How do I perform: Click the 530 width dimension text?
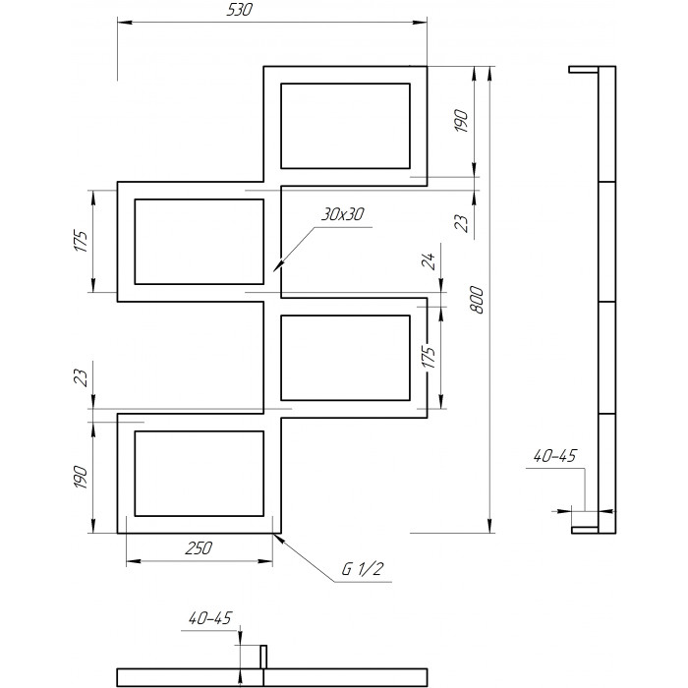point(240,10)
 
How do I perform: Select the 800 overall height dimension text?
point(477,300)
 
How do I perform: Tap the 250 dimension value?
point(199,548)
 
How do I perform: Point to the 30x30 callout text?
point(343,214)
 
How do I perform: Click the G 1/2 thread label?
point(363,569)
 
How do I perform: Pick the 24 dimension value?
point(429,261)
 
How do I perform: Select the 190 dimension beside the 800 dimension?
point(462,121)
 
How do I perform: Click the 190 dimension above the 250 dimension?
point(81,477)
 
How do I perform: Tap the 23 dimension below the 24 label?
point(462,223)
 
